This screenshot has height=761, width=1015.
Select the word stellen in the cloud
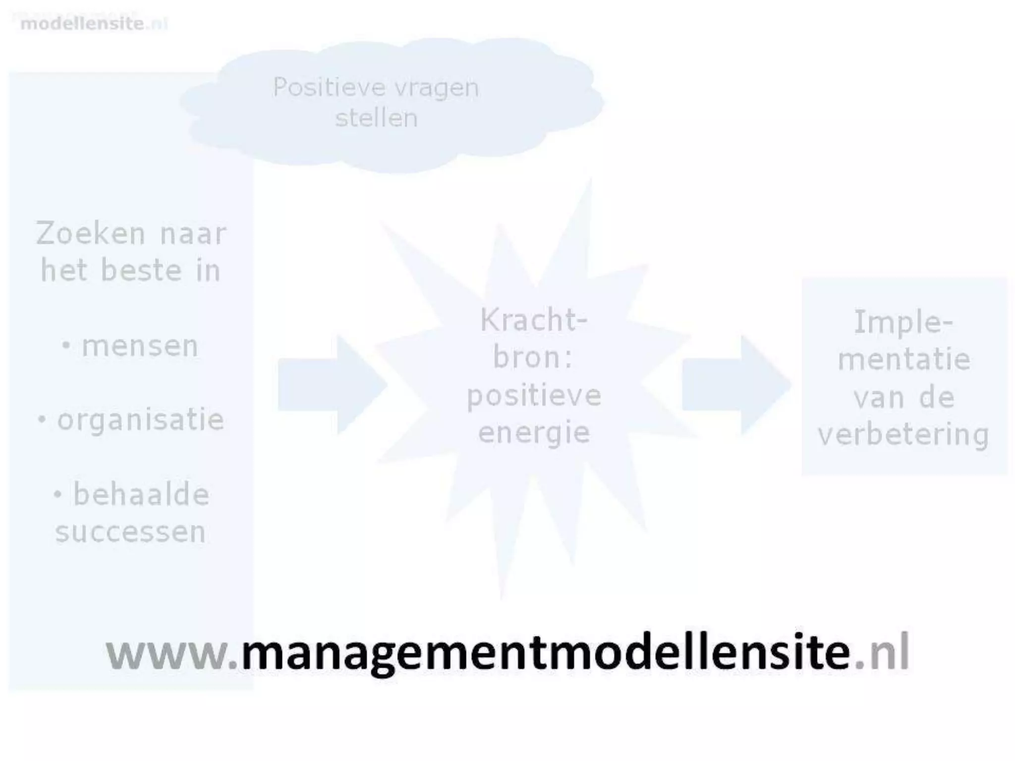click(377, 118)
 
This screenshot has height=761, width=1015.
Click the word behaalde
click(141, 494)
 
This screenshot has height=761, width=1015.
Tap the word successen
click(130, 532)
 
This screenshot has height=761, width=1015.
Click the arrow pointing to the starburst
click(331, 385)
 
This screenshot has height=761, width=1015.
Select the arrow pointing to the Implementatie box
click(735, 385)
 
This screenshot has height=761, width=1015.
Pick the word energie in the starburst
click(534, 433)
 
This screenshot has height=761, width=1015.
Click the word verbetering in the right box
click(903, 435)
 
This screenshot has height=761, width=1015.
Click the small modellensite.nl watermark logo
click(94, 23)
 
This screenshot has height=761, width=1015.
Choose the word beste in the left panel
click(141, 271)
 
